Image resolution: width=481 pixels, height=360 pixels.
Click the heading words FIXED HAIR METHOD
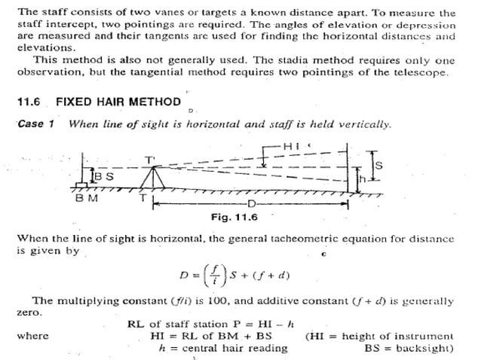118,102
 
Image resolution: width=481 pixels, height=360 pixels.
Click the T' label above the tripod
149,159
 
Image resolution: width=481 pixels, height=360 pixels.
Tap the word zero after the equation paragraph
29,311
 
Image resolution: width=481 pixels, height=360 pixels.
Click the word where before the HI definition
32,336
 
